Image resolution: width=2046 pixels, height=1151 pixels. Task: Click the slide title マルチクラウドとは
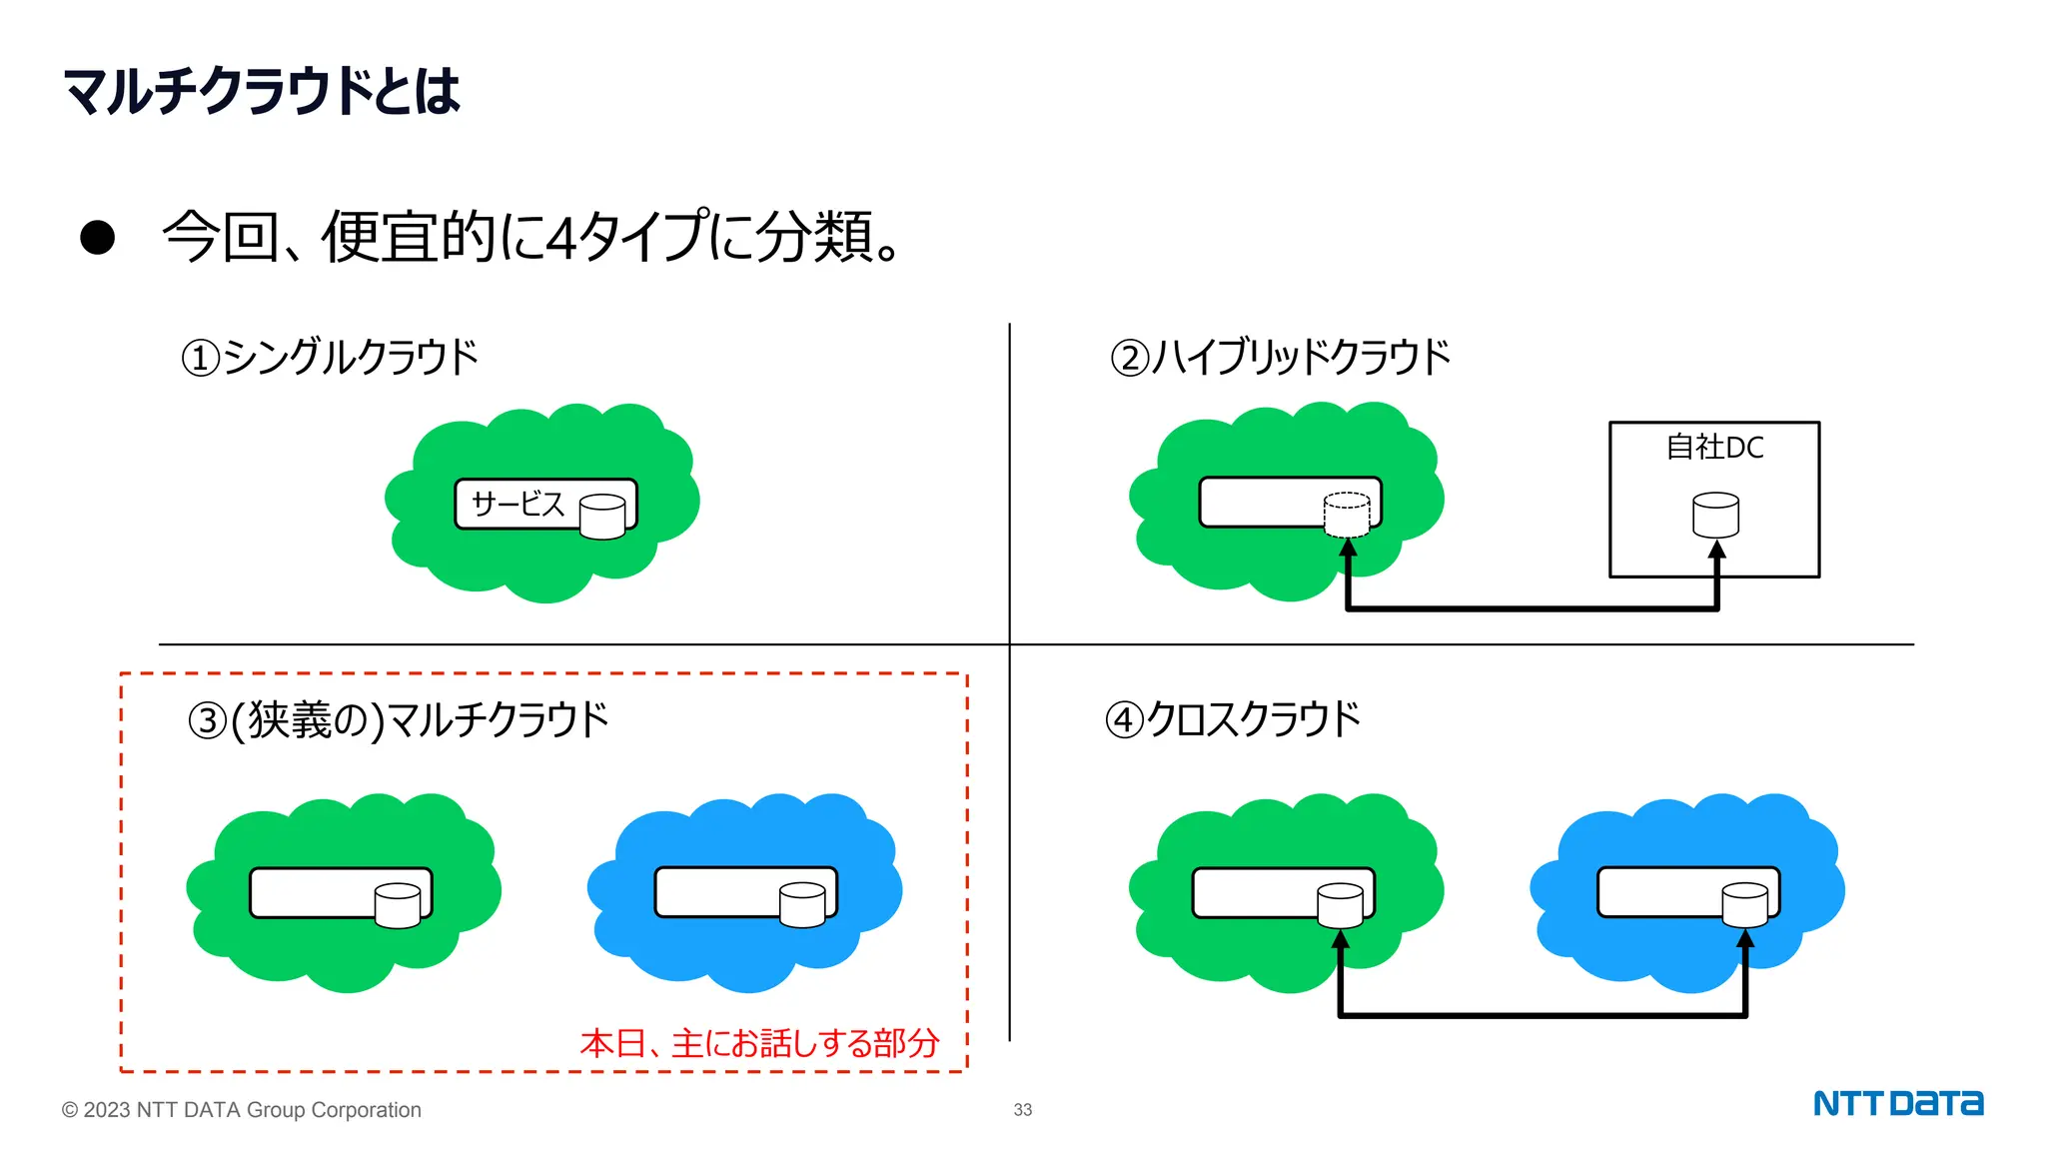point(262,91)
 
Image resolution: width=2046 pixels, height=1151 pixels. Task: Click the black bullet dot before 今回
point(98,238)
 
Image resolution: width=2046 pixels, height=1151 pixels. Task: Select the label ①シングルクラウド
point(330,357)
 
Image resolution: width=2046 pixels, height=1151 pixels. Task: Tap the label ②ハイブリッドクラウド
point(1281,357)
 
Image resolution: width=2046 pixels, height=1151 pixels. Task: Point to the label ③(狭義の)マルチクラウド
point(398,719)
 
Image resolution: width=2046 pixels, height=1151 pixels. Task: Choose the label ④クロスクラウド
point(1233,719)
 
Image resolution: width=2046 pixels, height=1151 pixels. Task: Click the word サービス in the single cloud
point(517,504)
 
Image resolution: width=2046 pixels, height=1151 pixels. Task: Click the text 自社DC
point(1714,447)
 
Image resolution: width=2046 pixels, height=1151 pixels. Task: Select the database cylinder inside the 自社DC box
point(1715,516)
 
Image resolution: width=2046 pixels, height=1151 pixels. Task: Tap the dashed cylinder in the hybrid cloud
point(1347,515)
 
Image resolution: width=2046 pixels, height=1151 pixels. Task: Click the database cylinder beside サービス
point(602,517)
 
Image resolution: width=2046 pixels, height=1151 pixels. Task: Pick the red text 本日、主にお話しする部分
point(759,1043)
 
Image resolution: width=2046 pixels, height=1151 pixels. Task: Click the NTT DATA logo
point(1898,1104)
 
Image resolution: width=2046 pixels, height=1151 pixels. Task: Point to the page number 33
point(1023,1110)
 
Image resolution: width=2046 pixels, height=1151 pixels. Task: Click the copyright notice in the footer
point(242,1110)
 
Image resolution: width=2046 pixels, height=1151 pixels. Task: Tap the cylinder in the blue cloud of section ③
point(802,905)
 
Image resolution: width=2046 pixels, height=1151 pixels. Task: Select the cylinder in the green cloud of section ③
point(398,905)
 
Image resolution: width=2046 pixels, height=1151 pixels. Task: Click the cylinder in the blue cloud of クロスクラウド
point(1745,905)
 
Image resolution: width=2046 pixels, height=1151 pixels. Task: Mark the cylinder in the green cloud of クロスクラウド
point(1341,905)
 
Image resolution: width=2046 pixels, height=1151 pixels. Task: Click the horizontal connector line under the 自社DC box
point(1533,607)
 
